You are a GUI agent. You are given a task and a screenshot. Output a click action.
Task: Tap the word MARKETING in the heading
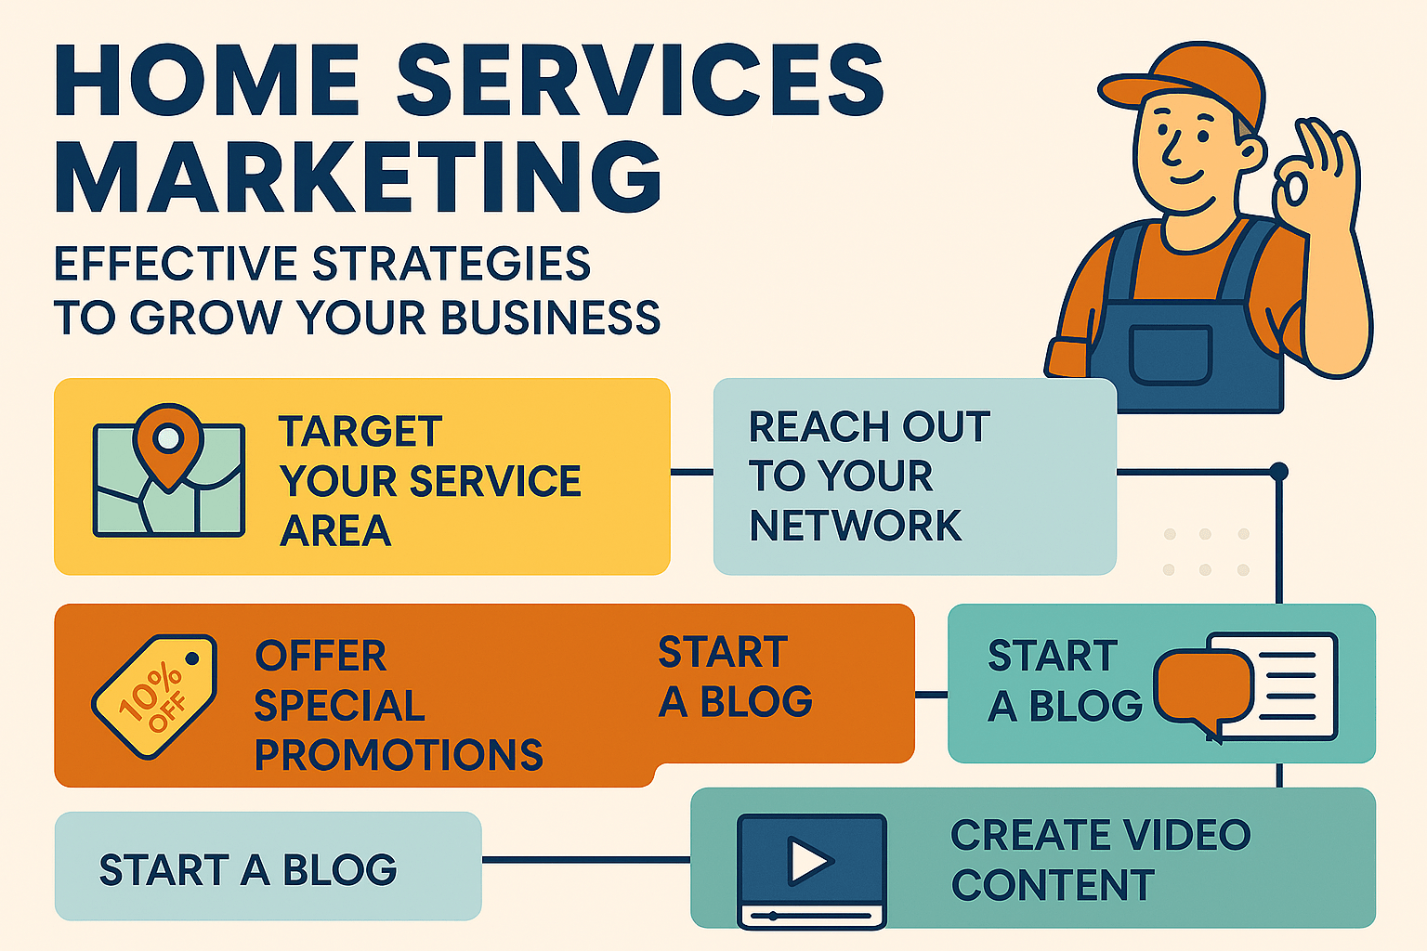coord(358,176)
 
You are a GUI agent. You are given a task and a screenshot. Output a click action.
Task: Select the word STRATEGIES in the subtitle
coord(452,264)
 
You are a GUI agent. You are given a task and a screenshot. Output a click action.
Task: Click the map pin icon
coord(167,441)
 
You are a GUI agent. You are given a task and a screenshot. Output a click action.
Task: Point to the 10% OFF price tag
coord(154,696)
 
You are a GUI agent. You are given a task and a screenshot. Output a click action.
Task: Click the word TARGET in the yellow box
coord(360,432)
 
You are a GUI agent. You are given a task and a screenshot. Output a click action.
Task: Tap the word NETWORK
coord(855,526)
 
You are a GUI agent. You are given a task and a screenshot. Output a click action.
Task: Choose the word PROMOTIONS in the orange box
coord(399,755)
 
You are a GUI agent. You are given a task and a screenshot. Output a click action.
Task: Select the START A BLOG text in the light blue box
coord(248,870)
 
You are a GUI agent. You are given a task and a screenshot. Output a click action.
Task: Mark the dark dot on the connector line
coord(1279,472)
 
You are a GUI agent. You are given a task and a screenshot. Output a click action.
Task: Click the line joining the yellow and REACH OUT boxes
coord(691,472)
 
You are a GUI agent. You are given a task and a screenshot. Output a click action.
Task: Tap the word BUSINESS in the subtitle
coord(550,318)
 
